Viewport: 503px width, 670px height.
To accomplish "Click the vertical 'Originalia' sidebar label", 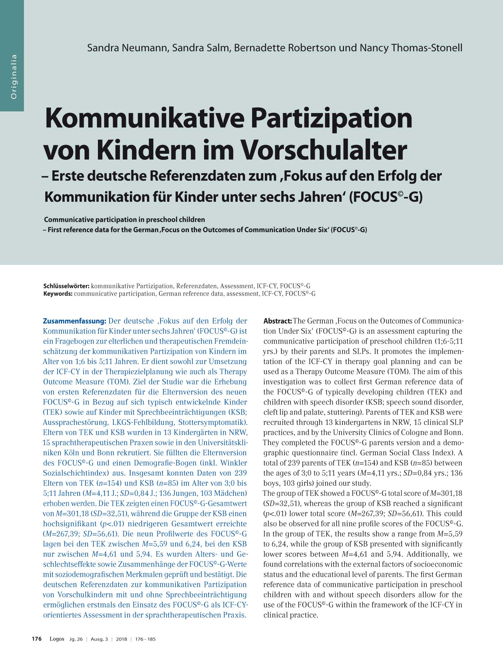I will tap(14, 76).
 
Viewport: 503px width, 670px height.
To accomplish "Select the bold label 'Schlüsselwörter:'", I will tap(66, 286).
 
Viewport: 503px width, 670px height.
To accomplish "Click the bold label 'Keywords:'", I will tap(58, 294).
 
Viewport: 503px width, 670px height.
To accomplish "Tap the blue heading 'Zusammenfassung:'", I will tap(75, 321).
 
